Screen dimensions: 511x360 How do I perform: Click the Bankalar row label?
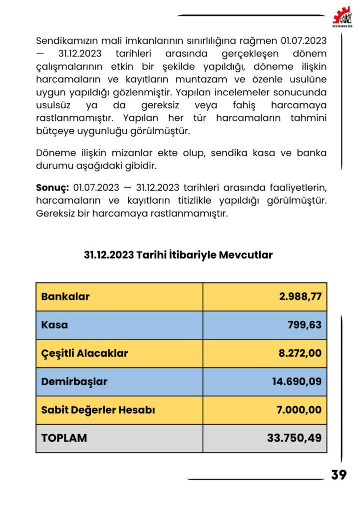click(x=65, y=296)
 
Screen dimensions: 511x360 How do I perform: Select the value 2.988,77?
click(x=300, y=296)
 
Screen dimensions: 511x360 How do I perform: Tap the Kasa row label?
click(x=54, y=325)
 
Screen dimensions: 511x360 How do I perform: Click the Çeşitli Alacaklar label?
click(x=84, y=353)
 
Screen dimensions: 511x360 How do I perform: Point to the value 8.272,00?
click(x=300, y=353)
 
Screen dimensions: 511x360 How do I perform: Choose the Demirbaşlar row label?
click(x=74, y=382)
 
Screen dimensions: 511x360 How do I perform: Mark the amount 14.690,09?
click(x=297, y=382)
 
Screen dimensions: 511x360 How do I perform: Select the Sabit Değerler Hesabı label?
click(x=98, y=410)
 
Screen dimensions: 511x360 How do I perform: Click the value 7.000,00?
click(x=300, y=410)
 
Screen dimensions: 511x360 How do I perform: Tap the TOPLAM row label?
click(x=64, y=438)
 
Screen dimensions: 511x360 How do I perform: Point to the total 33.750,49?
click(x=294, y=438)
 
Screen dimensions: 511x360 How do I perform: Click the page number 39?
click(x=339, y=475)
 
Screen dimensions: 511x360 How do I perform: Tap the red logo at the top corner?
click(x=342, y=17)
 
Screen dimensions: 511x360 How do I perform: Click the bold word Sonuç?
click(x=52, y=188)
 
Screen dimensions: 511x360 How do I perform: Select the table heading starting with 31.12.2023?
click(x=178, y=255)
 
